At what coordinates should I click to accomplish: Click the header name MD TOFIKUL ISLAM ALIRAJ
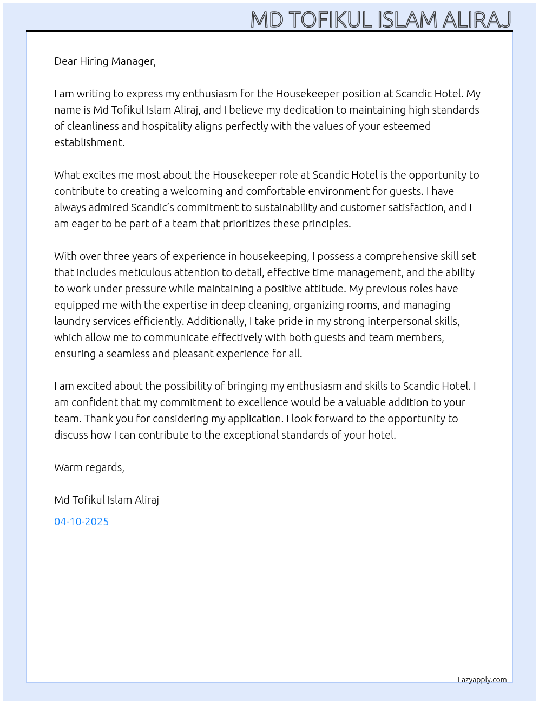click(x=380, y=19)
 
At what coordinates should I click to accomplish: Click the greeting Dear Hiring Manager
click(x=104, y=61)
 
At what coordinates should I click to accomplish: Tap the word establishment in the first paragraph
click(x=89, y=142)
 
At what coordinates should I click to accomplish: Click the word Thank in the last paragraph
click(x=98, y=419)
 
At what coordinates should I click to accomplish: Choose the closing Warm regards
click(x=89, y=467)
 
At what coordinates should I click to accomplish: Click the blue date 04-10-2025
click(x=81, y=522)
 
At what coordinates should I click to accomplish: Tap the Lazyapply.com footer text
click(x=482, y=680)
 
